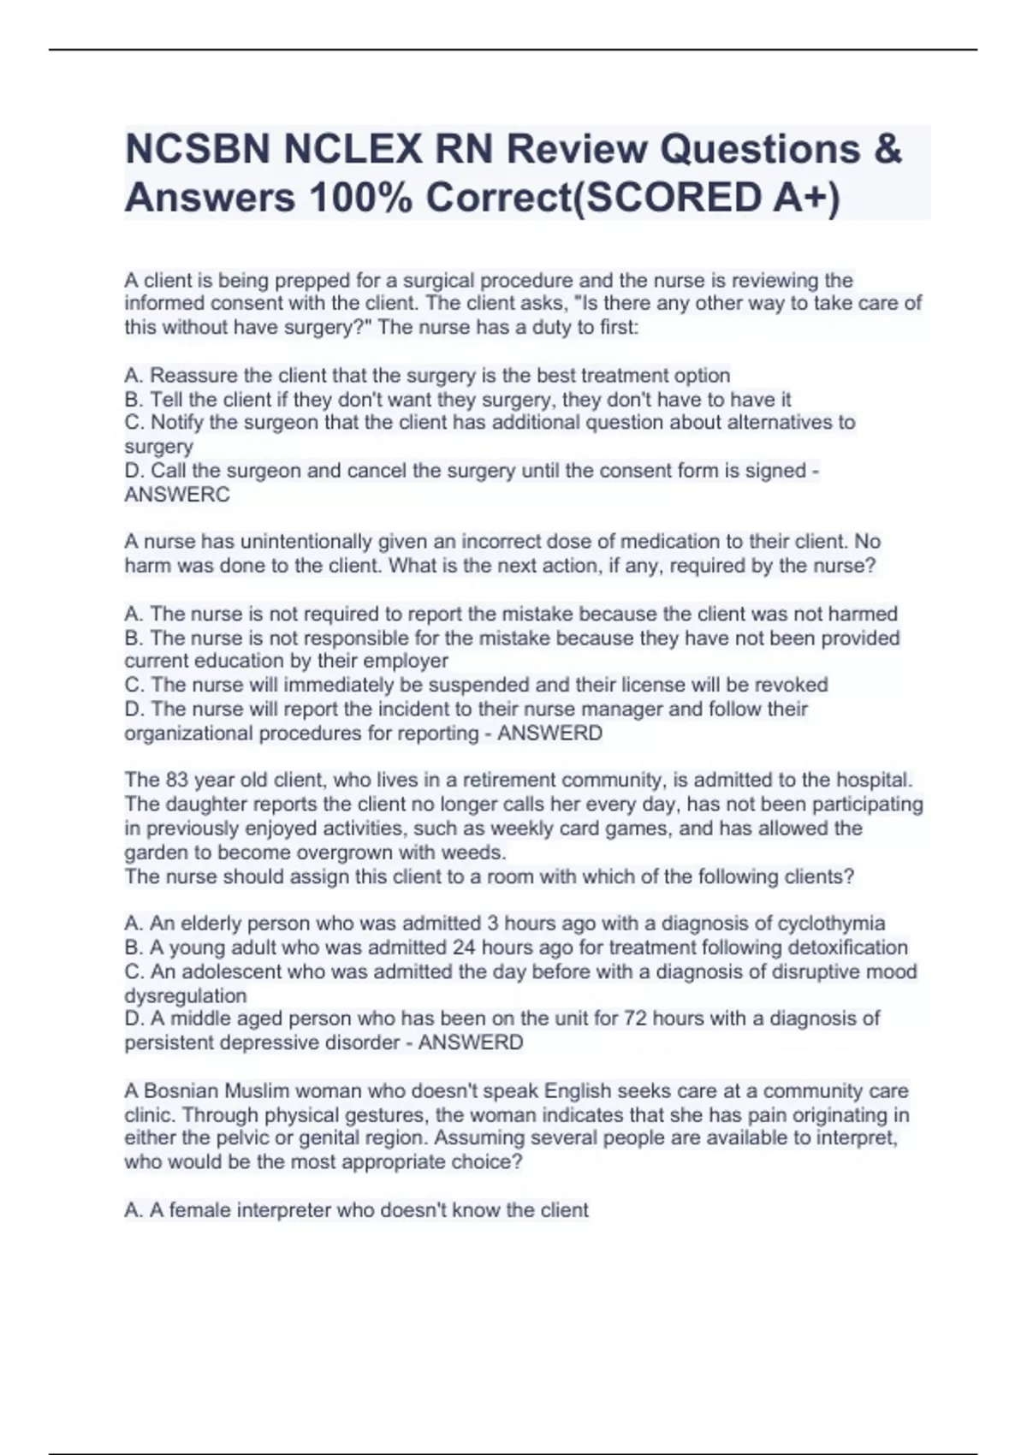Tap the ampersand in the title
[x=888, y=149]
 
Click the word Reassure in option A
[x=192, y=376]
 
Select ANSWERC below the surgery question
[x=177, y=495]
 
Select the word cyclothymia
[x=831, y=923]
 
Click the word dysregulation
[x=185, y=995]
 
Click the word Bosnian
[x=181, y=1091]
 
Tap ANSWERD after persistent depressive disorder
[x=470, y=1042]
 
